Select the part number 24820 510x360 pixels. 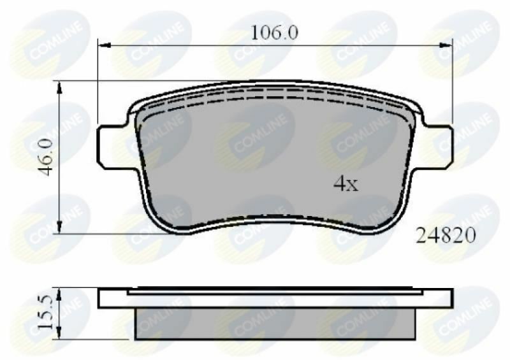tap(446, 236)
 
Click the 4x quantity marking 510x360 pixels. tap(347, 185)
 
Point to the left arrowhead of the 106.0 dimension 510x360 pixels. tap(102, 44)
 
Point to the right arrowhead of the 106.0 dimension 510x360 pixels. tap(448, 44)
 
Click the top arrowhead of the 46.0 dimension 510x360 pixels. tap(59, 85)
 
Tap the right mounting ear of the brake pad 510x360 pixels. tap(439, 147)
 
